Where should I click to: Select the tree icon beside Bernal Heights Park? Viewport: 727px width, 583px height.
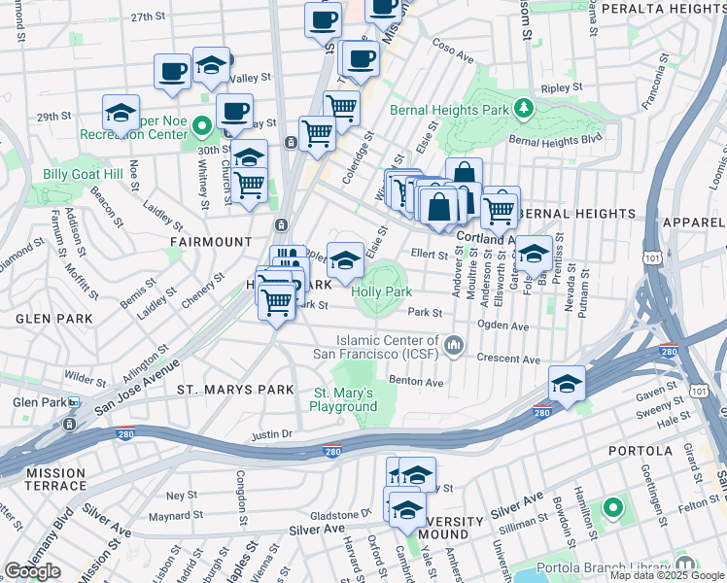524,107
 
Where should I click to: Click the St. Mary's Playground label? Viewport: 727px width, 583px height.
343,399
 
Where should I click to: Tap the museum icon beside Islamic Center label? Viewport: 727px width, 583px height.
453,345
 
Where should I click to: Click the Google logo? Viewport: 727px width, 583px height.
32,571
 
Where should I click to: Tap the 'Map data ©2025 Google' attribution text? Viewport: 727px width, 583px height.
667,575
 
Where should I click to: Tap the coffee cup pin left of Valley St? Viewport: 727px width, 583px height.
173,72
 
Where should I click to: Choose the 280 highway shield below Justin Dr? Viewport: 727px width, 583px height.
333,452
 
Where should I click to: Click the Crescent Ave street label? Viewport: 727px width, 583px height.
508,360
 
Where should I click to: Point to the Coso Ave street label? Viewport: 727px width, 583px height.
452,51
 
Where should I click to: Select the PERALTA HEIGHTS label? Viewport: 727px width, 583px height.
663,9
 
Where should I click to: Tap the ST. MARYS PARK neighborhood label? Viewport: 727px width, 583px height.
234,390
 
